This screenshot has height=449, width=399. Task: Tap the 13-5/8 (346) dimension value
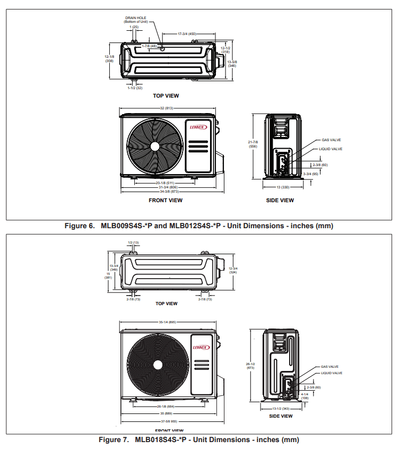(232, 64)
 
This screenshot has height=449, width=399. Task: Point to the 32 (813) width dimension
(167, 108)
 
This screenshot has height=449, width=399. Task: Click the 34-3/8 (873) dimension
(167, 191)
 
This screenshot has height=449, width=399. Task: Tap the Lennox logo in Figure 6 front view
(198, 127)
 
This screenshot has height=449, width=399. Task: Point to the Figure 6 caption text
(198, 226)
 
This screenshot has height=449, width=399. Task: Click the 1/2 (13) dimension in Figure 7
(133, 243)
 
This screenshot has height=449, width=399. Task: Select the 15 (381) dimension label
(108, 275)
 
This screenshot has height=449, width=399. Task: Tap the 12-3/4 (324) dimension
(233, 270)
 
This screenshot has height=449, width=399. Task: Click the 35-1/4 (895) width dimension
(167, 322)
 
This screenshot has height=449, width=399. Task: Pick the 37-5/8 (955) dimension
(167, 421)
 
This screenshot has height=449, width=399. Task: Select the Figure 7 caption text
(199, 439)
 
